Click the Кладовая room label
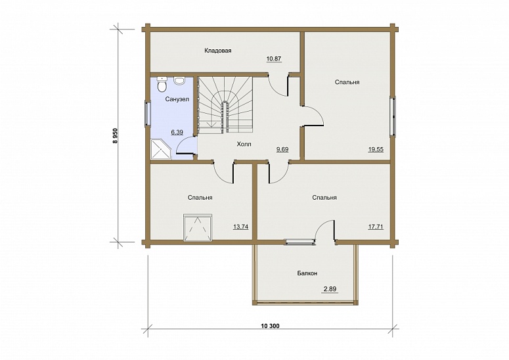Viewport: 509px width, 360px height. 218,51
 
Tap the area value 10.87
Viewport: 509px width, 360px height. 274,59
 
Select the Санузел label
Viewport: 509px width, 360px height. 177,99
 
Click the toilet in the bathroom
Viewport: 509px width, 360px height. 162,84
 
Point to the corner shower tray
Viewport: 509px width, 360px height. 161,149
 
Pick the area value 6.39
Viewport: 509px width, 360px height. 177,132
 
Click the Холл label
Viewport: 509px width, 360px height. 244,144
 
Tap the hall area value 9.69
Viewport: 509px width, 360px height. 282,149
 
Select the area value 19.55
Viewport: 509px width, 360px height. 376,149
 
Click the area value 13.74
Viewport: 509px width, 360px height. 241,227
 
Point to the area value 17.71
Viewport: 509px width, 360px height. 376,227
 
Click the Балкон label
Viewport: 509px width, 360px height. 307,273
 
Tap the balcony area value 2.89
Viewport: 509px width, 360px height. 330,289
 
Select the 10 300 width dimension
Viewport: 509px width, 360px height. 270,326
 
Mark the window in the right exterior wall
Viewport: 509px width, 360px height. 393,116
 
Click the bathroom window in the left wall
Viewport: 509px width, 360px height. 148,113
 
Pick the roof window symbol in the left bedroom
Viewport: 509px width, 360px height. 198,227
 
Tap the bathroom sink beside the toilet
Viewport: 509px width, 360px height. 179,81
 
